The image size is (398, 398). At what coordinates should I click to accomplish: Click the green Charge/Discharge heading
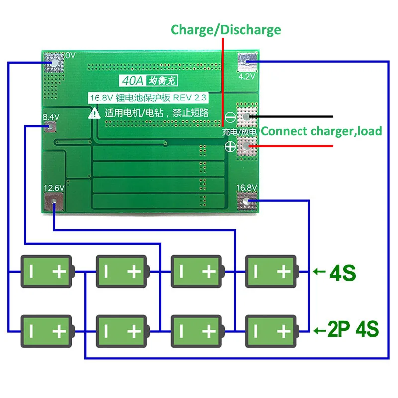point(225,30)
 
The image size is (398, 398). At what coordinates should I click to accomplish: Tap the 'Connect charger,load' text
point(321,131)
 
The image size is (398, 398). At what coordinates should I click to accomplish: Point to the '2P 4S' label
point(354,329)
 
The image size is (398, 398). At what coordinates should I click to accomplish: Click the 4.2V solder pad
point(247,62)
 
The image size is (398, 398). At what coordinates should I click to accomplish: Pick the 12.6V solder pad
point(53,202)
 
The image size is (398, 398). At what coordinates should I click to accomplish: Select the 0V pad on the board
point(53,62)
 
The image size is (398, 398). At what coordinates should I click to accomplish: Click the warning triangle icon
point(94,113)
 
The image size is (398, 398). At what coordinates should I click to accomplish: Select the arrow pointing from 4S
point(319,272)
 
